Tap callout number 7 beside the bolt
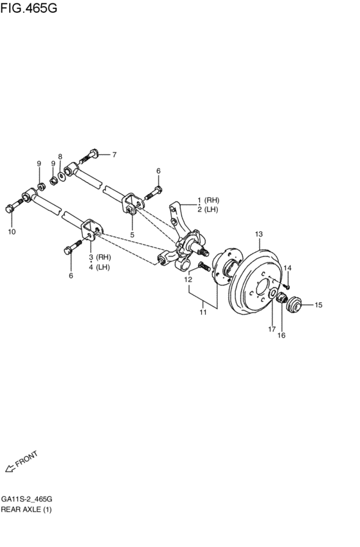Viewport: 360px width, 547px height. point(114,154)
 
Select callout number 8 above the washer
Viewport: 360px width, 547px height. point(60,157)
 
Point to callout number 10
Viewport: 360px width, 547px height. point(12,232)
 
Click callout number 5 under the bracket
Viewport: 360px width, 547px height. point(132,235)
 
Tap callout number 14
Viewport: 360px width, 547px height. point(288,267)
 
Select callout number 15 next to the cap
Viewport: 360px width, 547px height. point(318,305)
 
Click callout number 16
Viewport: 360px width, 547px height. point(281,335)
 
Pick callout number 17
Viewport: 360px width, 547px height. point(272,330)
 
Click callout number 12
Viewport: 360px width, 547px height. point(188,280)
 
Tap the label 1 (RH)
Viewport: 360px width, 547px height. point(208,200)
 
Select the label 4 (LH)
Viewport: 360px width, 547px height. point(100,267)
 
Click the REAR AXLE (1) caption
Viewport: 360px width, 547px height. point(26,510)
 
